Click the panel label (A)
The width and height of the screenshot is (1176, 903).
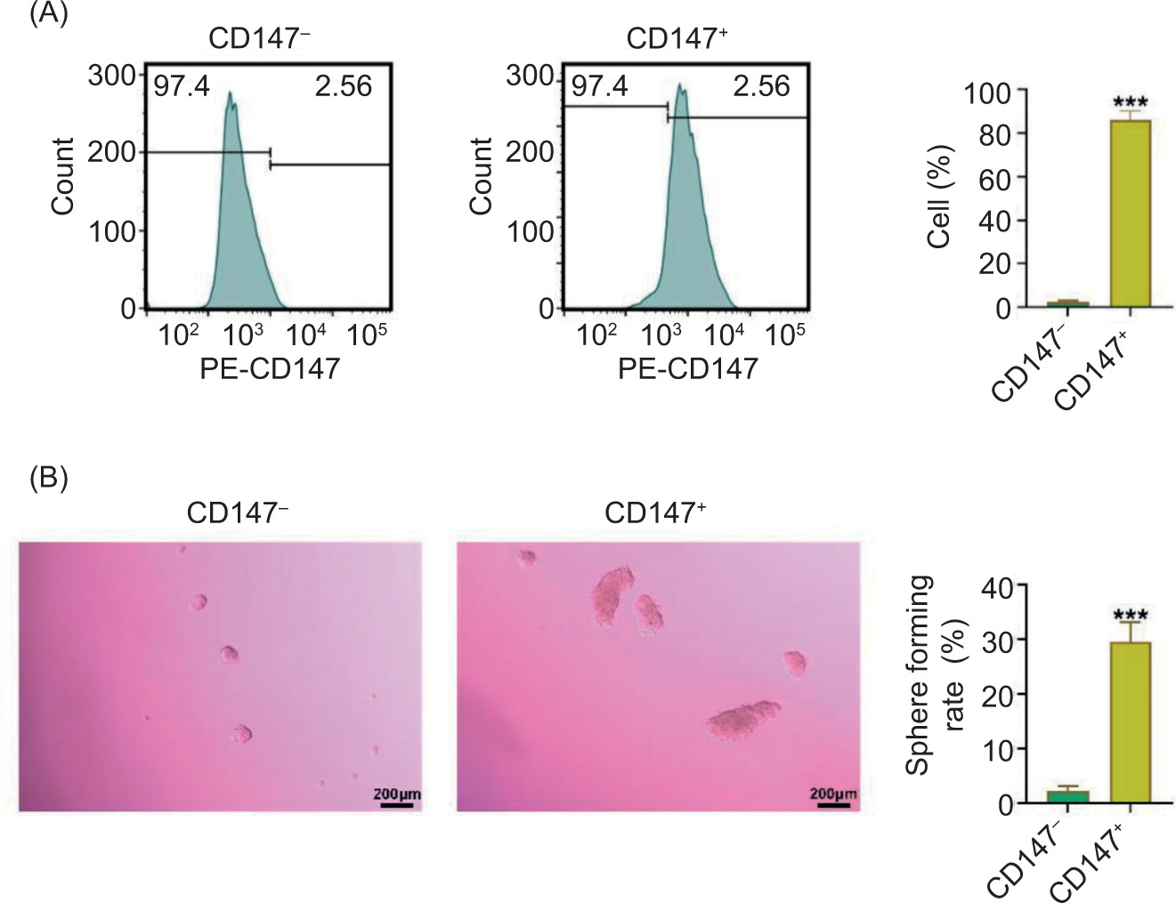point(48,14)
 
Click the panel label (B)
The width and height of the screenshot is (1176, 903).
point(48,478)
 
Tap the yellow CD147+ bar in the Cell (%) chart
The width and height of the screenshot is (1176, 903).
point(1130,214)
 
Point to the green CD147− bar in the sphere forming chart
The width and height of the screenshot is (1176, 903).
point(1067,796)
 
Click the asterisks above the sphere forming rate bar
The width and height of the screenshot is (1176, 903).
point(1130,615)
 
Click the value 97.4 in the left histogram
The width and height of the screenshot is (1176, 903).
point(182,87)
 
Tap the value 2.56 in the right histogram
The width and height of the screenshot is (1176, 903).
point(761,86)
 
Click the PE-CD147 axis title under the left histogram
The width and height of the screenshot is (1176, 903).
point(269,368)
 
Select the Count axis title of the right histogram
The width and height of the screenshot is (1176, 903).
point(481,176)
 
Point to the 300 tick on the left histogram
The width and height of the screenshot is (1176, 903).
point(111,76)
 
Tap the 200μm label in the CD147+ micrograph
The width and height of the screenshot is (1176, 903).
point(833,793)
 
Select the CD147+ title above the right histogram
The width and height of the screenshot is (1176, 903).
point(677,38)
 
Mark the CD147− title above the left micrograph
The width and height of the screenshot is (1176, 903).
point(237,513)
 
